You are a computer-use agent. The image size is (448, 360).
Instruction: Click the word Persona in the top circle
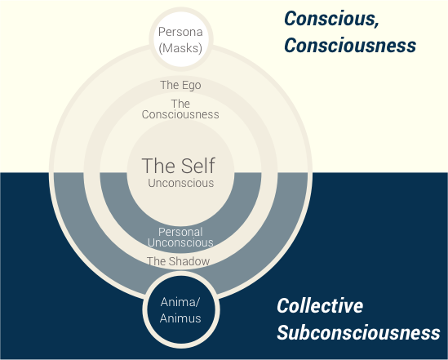click(180, 32)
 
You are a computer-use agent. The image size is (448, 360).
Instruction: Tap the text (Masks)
click(180, 47)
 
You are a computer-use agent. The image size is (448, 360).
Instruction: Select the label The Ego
click(180, 85)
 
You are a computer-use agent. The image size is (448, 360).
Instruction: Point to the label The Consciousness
click(180, 109)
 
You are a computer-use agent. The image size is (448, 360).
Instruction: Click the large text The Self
click(179, 166)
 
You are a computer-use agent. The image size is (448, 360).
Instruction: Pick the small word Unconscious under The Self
click(181, 183)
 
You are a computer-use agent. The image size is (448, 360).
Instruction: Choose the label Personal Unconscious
click(180, 237)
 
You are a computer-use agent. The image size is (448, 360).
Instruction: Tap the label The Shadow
click(178, 261)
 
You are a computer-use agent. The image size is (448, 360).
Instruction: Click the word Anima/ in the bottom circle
click(180, 302)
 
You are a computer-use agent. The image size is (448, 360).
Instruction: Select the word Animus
click(180, 318)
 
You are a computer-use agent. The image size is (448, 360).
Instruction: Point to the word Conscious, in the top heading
click(331, 19)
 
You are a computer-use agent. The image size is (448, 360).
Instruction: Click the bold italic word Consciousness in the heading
click(350, 46)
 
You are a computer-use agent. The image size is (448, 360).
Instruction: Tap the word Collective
click(320, 305)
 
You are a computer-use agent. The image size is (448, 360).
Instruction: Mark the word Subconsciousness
click(358, 332)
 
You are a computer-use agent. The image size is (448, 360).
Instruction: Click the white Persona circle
click(181, 39)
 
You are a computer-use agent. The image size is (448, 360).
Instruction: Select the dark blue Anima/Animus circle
click(181, 309)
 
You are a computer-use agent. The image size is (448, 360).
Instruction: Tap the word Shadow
click(189, 261)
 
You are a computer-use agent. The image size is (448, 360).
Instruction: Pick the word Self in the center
click(198, 166)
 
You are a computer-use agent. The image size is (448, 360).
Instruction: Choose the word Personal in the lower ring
click(180, 232)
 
